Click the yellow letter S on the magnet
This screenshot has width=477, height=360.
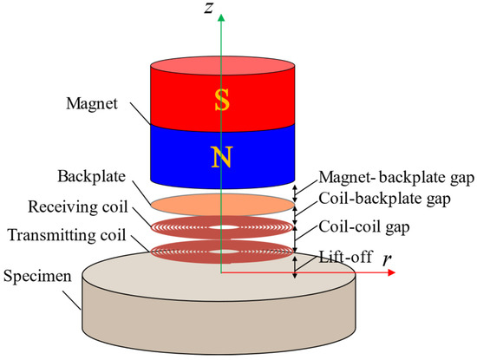[221, 102]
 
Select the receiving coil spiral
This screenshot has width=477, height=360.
[186, 227]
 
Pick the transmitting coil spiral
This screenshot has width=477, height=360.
[186, 252]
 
